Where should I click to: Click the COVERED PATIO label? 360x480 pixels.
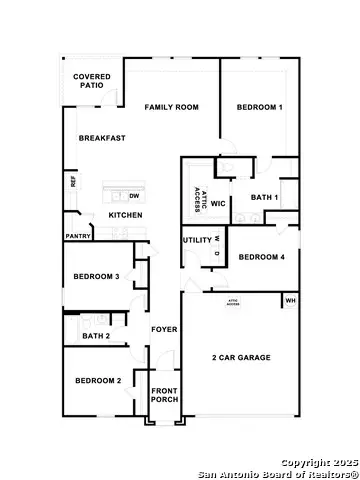pyautogui.click(x=92, y=81)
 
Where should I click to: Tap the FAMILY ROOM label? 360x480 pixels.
pyautogui.click(x=171, y=106)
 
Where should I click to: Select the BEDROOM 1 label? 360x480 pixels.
pyautogui.click(x=259, y=106)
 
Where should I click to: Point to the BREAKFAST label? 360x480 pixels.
pyautogui.click(x=102, y=138)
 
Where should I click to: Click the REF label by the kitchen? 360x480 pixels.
pyautogui.click(x=73, y=182)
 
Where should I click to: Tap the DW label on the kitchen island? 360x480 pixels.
pyautogui.click(x=133, y=196)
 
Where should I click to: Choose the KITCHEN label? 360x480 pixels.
pyautogui.click(x=125, y=215)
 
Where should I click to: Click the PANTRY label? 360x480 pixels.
pyautogui.click(x=78, y=236)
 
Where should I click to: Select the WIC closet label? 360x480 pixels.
pyautogui.click(x=218, y=203)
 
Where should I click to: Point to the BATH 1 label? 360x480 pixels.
pyautogui.click(x=264, y=198)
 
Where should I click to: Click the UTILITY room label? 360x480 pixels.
pyautogui.click(x=196, y=240)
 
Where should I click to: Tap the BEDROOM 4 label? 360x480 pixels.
pyautogui.click(x=262, y=257)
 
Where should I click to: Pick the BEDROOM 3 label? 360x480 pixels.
pyautogui.click(x=97, y=276)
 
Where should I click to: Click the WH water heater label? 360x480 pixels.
pyautogui.click(x=290, y=300)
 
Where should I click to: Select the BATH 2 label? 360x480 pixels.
pyautogui.click(x=96, y=336)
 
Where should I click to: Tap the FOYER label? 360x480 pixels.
pyautogui.click(x=163, y=329)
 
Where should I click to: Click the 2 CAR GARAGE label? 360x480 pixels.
pyautogui.click(x=241, y=357)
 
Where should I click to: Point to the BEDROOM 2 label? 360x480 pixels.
pyautogui.click(x=98, y=380)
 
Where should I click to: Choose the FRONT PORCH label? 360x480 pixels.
pyautogui.click(x=164, y=395)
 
